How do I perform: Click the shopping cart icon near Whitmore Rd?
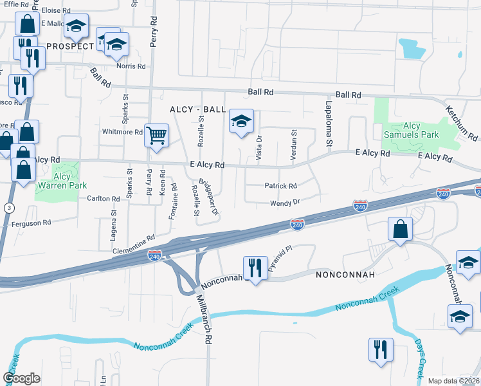click(156, 136)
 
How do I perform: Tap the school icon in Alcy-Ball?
click(241, 121)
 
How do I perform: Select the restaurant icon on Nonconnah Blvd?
click(255, 268)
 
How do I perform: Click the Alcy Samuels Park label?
click(411, 130)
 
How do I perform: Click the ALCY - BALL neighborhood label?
click(197, 110)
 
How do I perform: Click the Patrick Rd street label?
click(280, 186)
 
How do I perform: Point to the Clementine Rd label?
click(133, 247)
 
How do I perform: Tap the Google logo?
click(21, 378)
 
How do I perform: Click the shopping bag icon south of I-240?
click(400, 229)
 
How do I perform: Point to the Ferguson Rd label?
click(31, 223)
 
